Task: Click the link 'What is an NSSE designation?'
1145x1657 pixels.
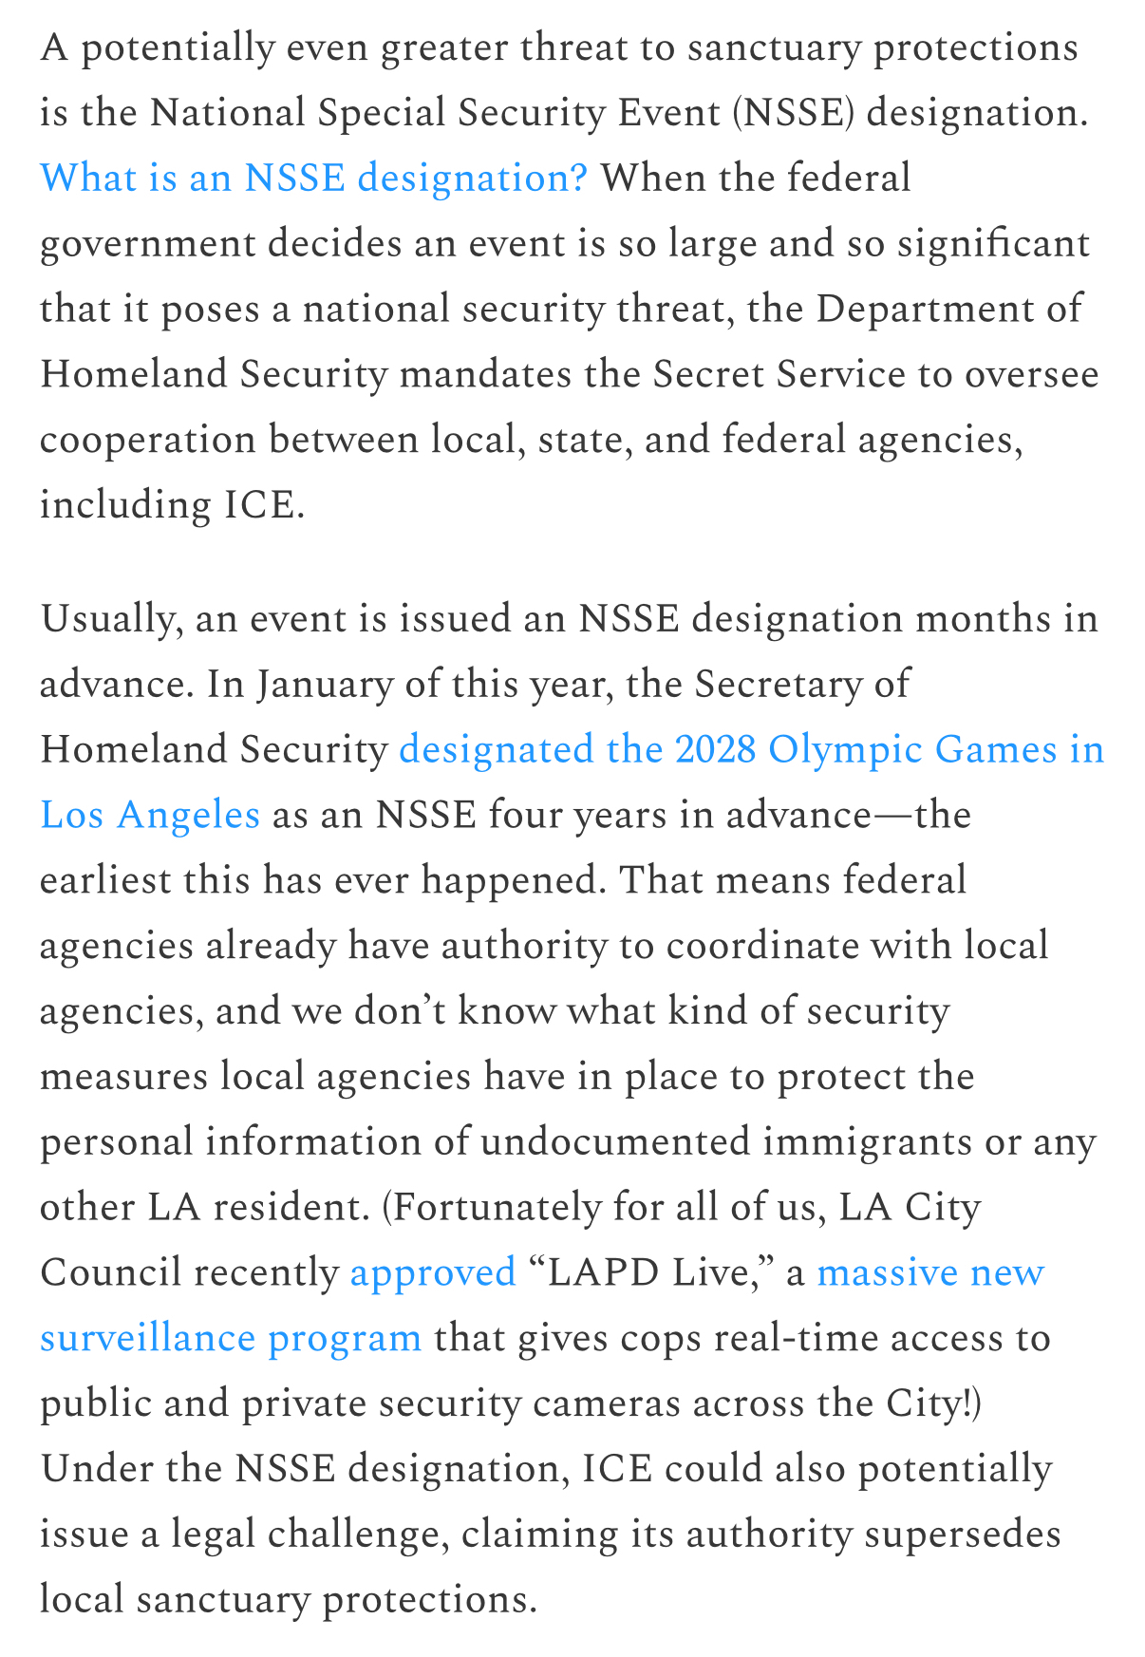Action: tap(313, 179)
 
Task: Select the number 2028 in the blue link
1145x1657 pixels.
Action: tap(716, 750)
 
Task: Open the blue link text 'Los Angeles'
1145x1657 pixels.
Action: tap(150, 816)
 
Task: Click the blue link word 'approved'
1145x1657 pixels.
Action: tap(432, 1273)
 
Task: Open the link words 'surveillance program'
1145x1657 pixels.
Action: tap(231, 1339)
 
